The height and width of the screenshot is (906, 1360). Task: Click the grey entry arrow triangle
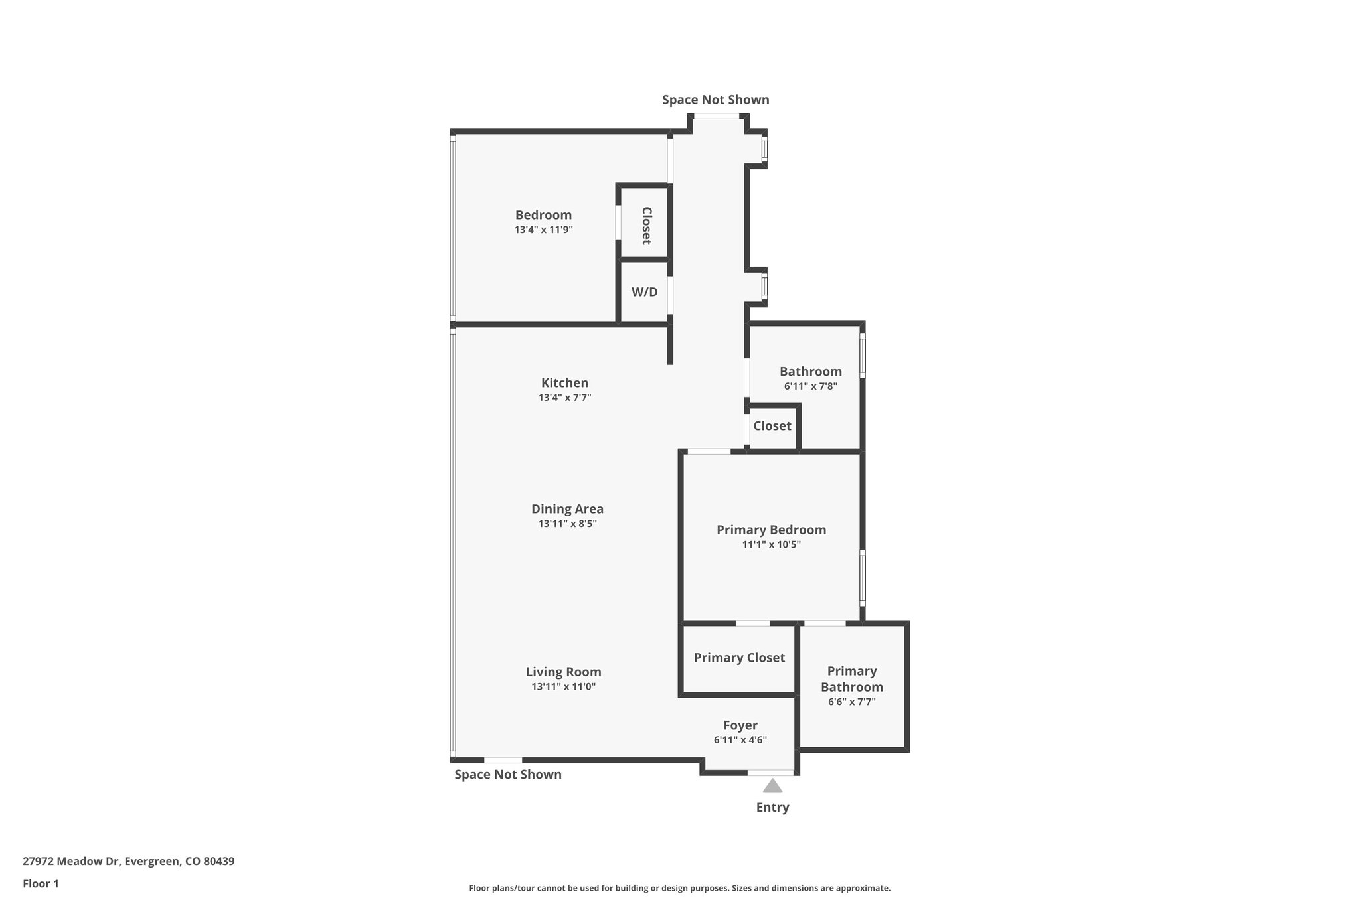772,786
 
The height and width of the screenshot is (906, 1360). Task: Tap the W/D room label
644,292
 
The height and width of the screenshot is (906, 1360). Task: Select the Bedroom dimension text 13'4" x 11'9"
543,230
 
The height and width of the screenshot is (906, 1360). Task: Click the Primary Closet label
739,658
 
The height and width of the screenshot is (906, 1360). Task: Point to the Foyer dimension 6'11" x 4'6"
740,740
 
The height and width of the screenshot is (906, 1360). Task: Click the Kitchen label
564,383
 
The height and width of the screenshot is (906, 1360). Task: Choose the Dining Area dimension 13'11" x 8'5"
567,524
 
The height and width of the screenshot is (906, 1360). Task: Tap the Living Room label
563,672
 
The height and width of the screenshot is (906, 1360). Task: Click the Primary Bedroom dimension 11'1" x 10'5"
771,544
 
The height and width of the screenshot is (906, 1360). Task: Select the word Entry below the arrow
772,808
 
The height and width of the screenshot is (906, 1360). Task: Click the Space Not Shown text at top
715,100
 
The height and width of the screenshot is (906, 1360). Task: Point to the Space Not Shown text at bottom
507,775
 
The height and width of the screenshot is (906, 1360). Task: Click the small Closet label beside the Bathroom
772,426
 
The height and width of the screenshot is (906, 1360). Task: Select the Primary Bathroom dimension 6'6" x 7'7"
851,702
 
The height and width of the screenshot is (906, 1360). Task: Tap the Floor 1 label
41,883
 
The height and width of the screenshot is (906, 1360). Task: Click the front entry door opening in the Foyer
770,773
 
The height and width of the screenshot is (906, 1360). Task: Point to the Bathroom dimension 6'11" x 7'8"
810,386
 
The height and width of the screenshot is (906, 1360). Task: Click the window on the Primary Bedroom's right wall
863,577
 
